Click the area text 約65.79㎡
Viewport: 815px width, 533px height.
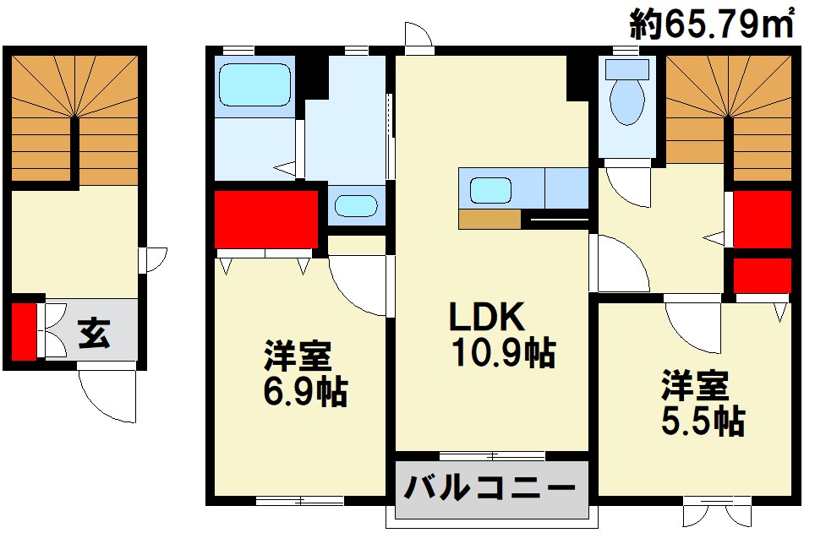tap(712, 23)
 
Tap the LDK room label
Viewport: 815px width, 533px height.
tap(487, 317)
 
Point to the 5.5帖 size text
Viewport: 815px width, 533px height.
tap(703, 419)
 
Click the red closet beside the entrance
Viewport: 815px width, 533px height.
tap(25, 330)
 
